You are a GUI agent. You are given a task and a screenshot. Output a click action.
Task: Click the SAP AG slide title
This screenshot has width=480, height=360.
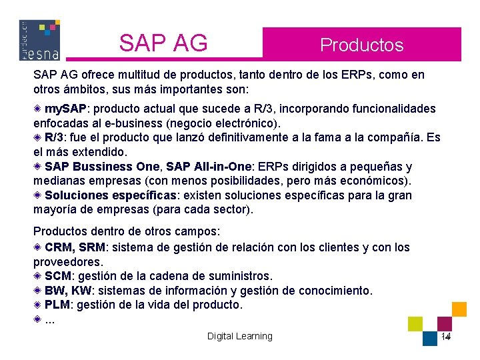click(x=163, y=43)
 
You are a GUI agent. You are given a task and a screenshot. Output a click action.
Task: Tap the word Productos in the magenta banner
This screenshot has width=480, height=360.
click(x=361, y=45)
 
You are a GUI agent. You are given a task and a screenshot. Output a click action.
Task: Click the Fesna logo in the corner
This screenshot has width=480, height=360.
click(x=39, y=40)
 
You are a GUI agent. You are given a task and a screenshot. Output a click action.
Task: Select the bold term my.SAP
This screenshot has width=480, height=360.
click(x=65, y=109)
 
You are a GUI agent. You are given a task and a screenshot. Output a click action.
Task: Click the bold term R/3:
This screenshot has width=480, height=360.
click(x=55, y=138)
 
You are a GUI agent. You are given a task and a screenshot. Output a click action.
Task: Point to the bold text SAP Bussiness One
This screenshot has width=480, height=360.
click(x=102, y=167)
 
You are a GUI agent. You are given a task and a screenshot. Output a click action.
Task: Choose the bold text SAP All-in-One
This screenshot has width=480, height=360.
click(x=208, y=167)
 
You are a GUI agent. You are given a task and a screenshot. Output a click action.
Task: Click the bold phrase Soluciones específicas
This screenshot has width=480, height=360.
click(x=111, y=195)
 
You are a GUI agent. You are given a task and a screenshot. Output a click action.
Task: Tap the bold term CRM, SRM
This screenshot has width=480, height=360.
click(x=75, y=247)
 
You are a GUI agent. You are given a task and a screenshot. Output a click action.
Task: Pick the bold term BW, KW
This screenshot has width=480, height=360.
click(x=68, y=291)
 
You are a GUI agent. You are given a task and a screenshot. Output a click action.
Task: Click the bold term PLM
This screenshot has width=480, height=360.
click(x=57, y=305)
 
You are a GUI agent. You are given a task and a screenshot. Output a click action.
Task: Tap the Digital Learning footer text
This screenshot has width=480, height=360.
click(x=239, y=336)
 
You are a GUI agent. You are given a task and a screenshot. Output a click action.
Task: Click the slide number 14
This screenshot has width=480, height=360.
click(x=446, y=337)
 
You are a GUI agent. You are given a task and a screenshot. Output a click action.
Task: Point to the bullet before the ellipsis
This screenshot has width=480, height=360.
click(x=38, y=319)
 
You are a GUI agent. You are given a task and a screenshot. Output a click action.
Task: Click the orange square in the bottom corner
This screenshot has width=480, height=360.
click(x=459, y=309)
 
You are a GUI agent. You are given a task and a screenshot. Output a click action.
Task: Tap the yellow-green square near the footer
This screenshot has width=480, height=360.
click(x=415, y=323)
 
